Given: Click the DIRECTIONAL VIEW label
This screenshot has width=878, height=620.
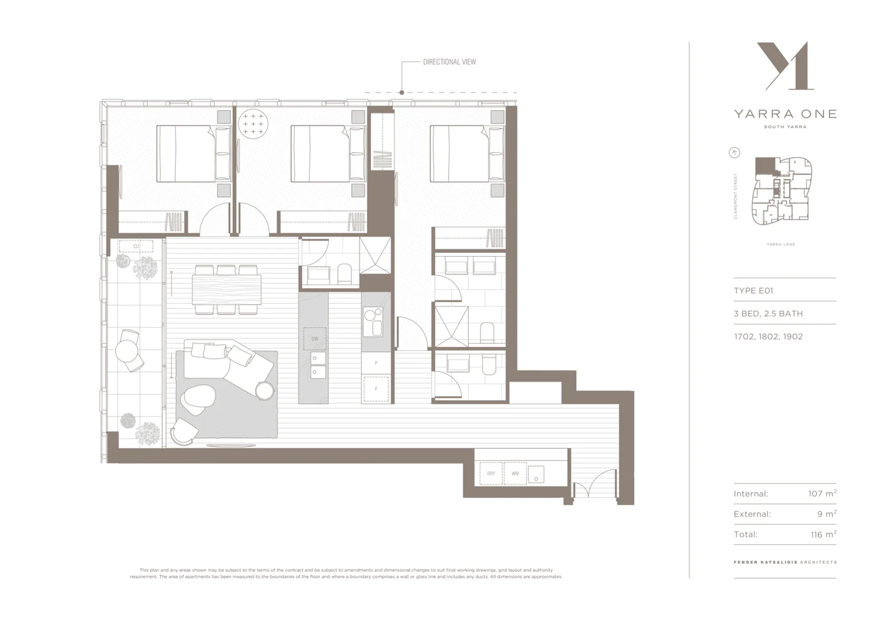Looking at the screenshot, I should click(449, 62).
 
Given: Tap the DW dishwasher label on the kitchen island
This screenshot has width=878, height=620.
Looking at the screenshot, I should click(315, 339).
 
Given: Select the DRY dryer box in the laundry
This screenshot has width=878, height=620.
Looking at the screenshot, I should click(491, 474).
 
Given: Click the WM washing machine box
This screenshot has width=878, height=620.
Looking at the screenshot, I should click(515, 474).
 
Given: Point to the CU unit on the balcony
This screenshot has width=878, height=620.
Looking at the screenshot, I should click(136, 246).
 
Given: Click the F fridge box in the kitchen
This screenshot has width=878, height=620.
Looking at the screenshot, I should click(376, 389).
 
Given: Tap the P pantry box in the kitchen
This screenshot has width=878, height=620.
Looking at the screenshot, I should click(376, 363).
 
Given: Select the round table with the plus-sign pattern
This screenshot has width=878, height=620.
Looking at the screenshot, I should click(253, 123).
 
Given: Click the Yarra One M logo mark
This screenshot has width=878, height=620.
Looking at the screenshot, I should click(785, 66).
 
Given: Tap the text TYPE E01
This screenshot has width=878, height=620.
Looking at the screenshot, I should click(753, 290).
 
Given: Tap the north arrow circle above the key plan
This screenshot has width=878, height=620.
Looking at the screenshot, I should click(734, 153).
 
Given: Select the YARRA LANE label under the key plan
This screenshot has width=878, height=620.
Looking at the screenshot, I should click(780, 245).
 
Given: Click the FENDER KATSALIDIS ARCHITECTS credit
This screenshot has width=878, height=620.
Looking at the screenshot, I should click(785, 562).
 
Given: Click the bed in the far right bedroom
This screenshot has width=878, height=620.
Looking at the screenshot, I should click(460, 153).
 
